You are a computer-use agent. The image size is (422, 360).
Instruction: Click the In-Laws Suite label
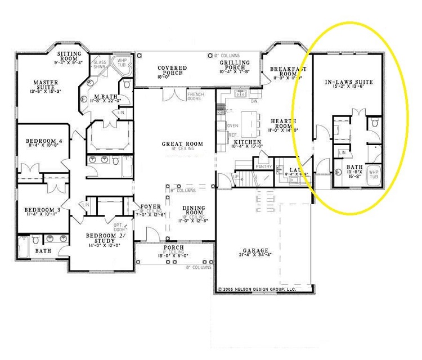(349, 83)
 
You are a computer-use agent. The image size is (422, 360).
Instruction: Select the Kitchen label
(247, 143)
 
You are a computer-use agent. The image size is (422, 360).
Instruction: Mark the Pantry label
(263, 166)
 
